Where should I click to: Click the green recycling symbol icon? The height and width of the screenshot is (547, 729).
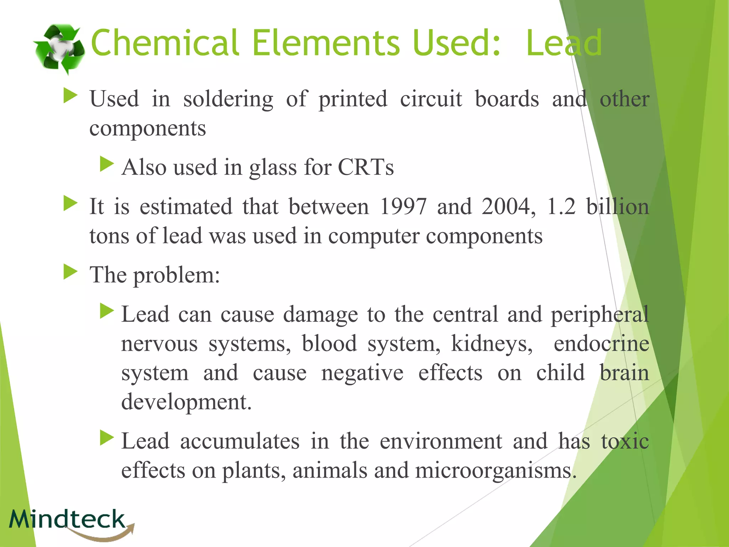[x=59, y=49]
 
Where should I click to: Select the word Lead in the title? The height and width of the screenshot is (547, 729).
[x=564, y=43]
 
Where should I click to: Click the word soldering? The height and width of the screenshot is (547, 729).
[x=228, y=99]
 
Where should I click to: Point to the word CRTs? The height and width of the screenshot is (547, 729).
[x=366, y=167]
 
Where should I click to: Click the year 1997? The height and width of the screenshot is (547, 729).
[x=403, y=207]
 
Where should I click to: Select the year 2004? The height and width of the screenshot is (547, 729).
[x=508, y=207]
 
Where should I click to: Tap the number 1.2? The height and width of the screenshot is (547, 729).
[x=561, y=207]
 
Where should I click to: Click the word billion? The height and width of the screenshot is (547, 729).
[x=618, y=207]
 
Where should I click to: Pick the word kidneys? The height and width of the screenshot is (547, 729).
[x=492, y=344]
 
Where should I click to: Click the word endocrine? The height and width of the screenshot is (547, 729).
[x=602, y=344]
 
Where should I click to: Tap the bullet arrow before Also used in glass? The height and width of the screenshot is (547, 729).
[x=107, y=164]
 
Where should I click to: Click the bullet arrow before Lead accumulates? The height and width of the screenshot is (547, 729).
[x=107, y=438]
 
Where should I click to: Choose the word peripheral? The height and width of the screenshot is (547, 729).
[x=600, y=315]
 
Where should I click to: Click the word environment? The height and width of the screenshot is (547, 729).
[x=441, y=441]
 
